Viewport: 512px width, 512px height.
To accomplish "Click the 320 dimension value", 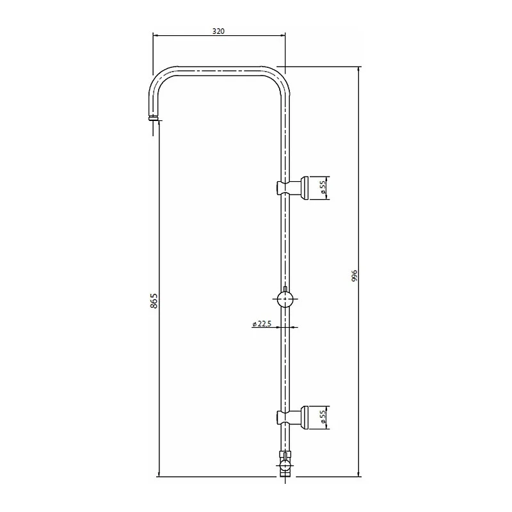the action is point(218,31).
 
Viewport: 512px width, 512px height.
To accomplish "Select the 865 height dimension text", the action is point(154,300).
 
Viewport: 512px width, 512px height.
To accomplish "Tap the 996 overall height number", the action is point(355,276).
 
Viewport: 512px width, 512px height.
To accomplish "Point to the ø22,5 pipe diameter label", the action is point(262,324).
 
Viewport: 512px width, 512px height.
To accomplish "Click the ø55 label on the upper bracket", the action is point(323,188).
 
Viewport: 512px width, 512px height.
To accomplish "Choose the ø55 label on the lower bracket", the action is point(323,418).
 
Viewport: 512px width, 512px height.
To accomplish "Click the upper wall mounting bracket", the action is point(293,188).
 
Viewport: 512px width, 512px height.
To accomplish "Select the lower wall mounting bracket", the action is point(293,418).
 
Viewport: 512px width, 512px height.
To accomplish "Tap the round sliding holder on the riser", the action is point(285,299).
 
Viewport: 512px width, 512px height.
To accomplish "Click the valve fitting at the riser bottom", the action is point(285,463).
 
